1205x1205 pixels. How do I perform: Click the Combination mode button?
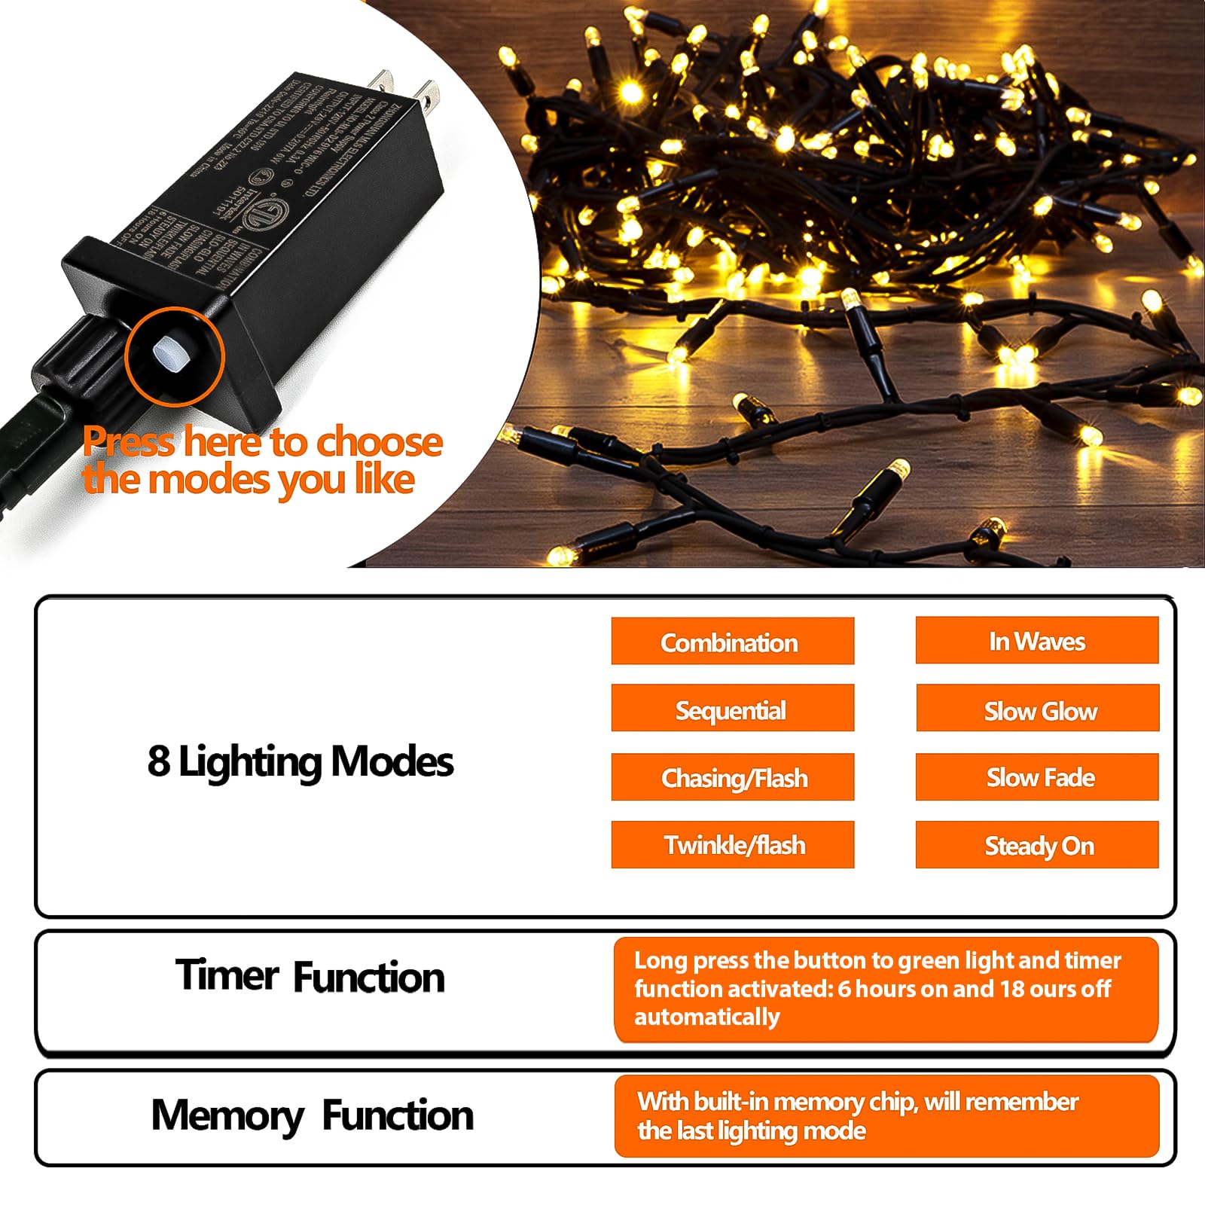pyautogui.click(x=732, y=642)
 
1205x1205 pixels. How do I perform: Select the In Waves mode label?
pyautogui.click(x=1036, y=641)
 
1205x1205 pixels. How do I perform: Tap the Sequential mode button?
pyautogui.click(x=732, y=709)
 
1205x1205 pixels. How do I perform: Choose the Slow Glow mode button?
pyautogui.click(x=1037, y=709)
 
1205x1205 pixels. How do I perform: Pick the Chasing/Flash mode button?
pyautogui.click(x=732, y=776)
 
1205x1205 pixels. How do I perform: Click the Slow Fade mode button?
pyautogui.click(x=1037, y=776)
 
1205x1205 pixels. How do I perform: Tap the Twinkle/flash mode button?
pyautogui.click(x=732, y=844)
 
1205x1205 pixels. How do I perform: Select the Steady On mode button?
pyautogui.click(x=1037, y=845)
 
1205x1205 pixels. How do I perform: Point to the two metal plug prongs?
pyautogui.click(x=407, y=89)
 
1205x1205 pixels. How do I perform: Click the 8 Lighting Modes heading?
pyautogui.click(x=300, y=761)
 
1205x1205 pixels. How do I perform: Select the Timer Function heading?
pyautogui.click(x=310, y=976)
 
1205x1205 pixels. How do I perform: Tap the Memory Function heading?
pyautogui.click(x=312, y=1115)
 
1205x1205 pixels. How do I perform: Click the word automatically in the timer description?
pyautogui.click(x=706, y=1017)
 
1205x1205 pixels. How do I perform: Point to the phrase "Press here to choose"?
pyautogui.click(x=262, y=441)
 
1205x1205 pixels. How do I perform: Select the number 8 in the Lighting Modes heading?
pyautogui.click(x=158, y=761)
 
